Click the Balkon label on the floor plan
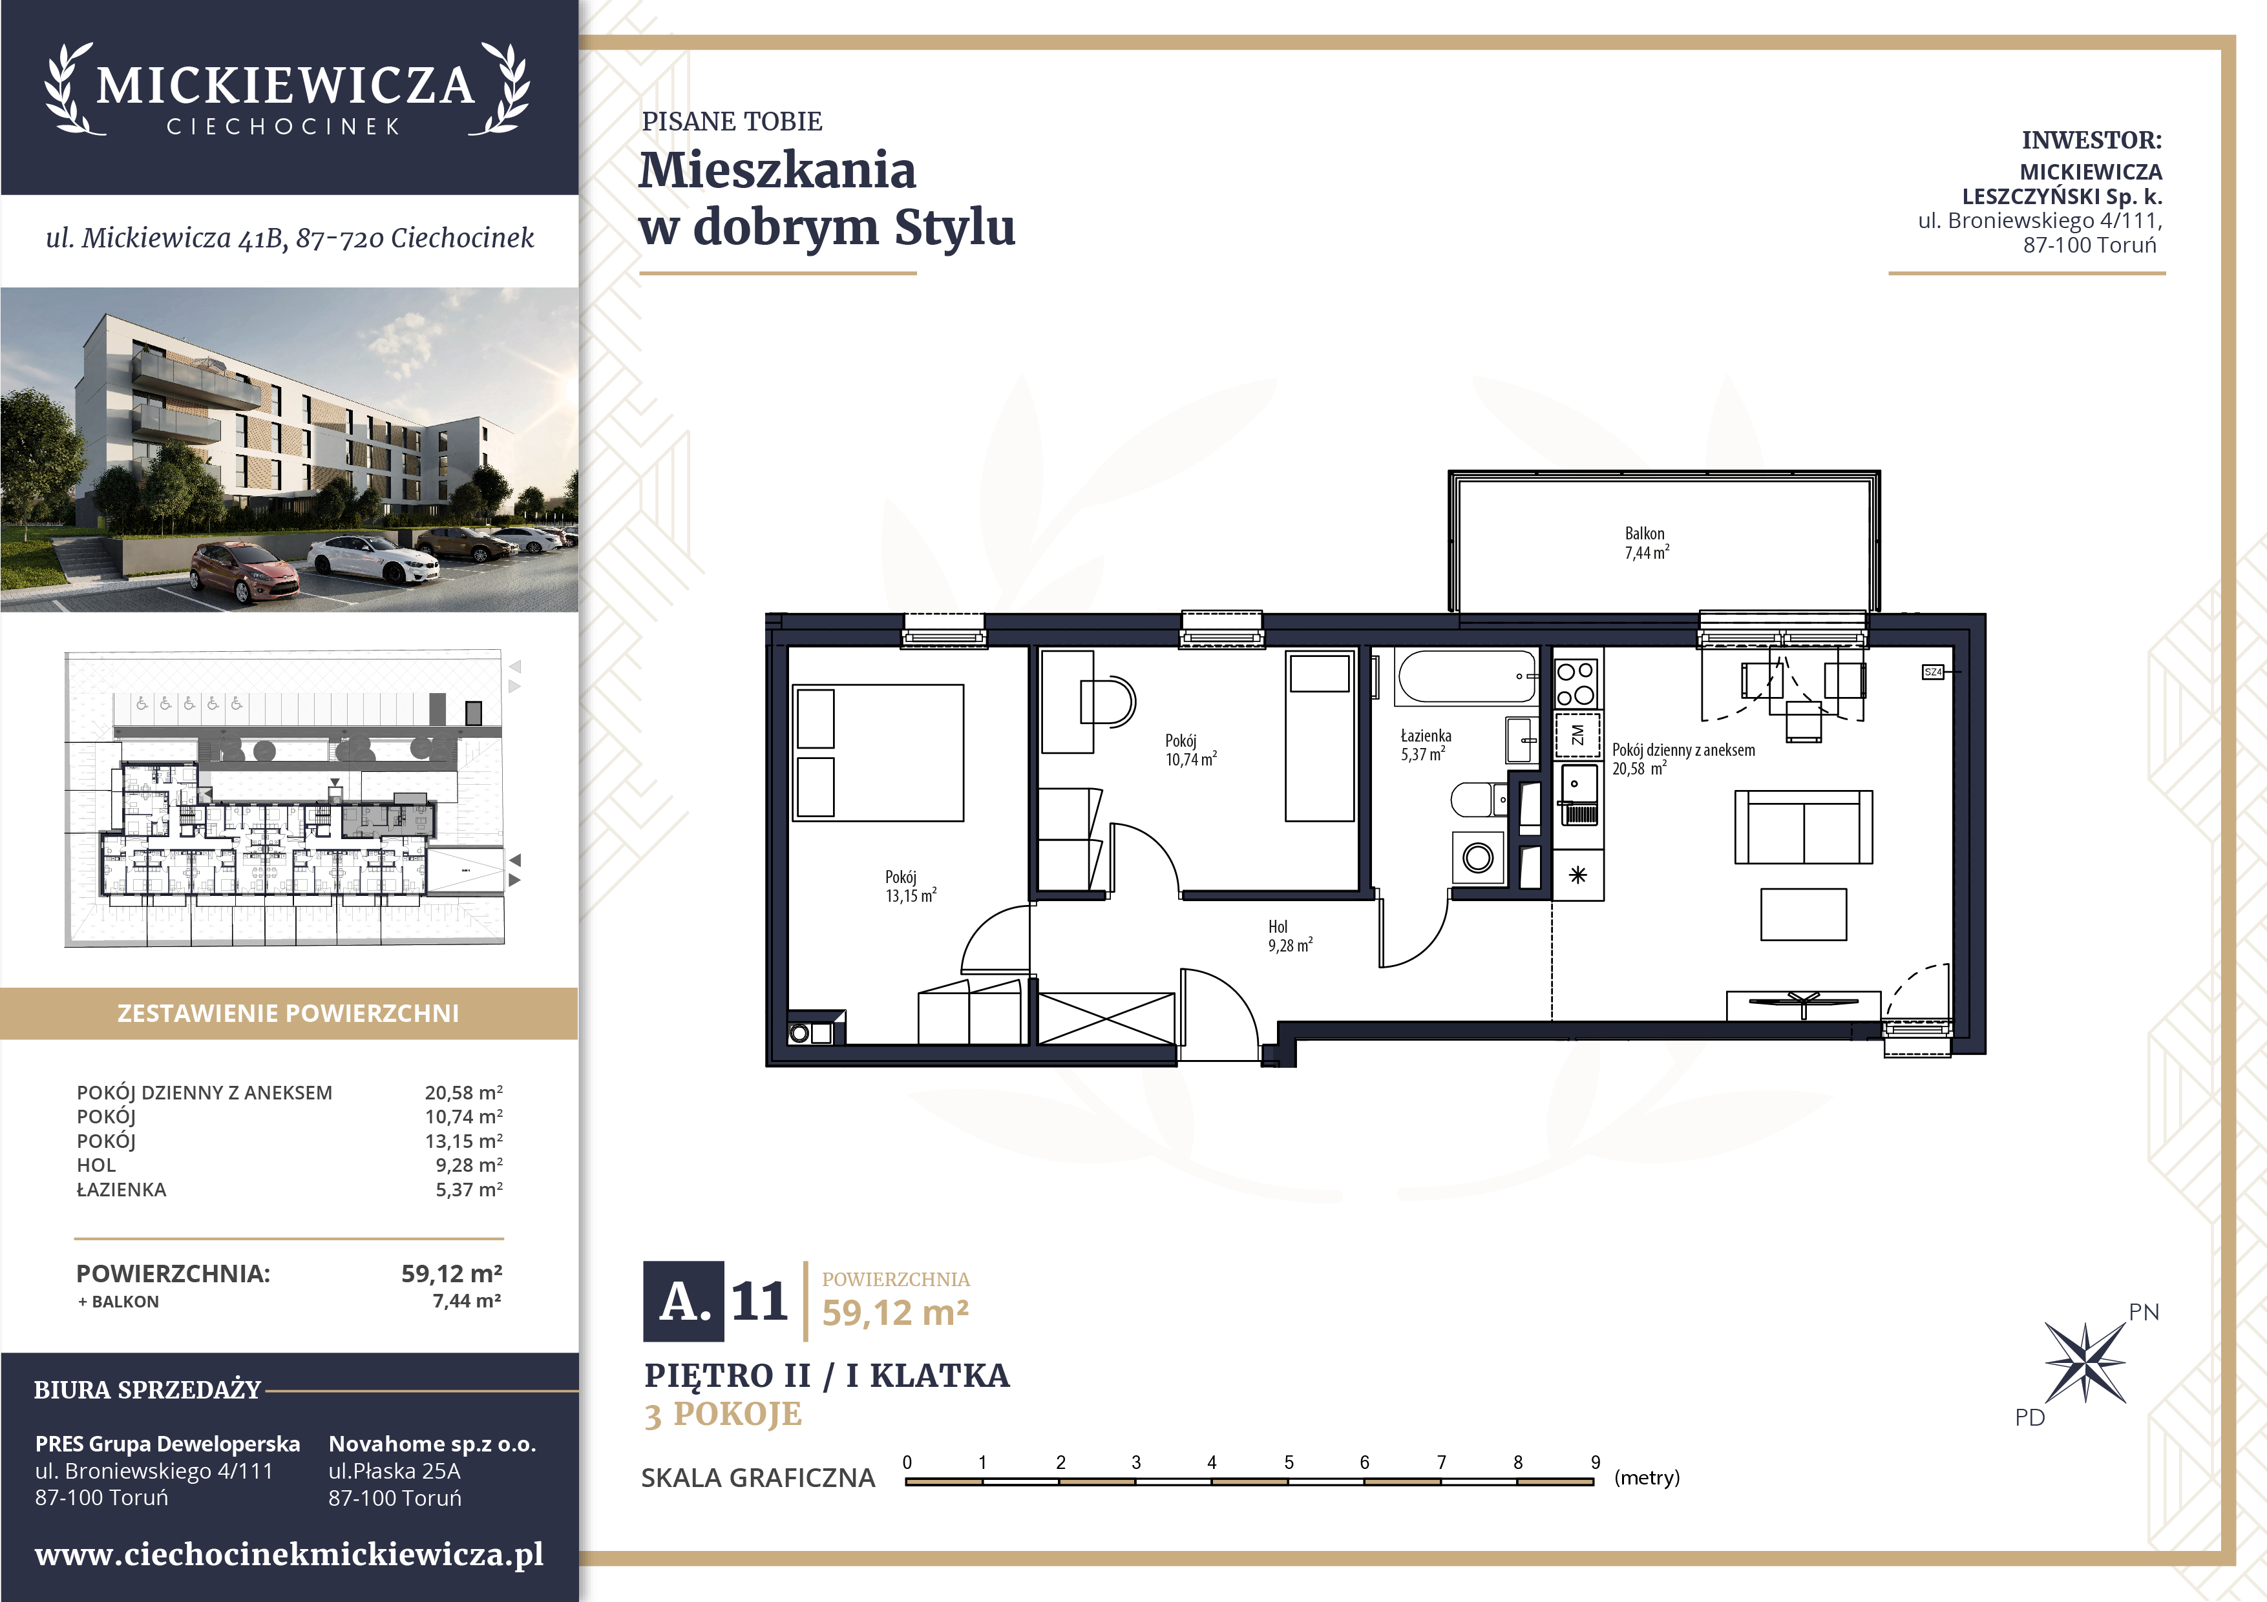click(1645, 543)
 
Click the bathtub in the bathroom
click(1467, 676)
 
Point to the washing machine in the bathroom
click(1478, 857)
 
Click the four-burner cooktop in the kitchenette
click(1576, 683)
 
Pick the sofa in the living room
click(1803, 827)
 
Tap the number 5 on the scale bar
click(1289, 1462)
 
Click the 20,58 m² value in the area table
click(463, 1093)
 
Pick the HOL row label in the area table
click(97, 1166)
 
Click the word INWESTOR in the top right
click(2091, 140)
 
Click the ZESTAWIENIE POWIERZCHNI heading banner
click(288, 1014)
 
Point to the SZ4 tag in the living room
click(1932, 672)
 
